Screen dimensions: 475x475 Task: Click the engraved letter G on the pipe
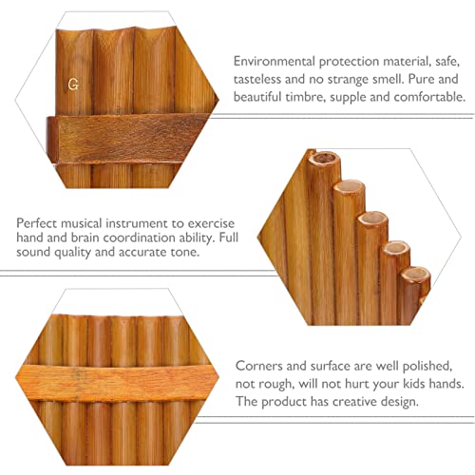[x=72, y=84]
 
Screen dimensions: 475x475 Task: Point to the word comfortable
[x=423, y=96]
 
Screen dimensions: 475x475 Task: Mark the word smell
[x=400, y=77]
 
